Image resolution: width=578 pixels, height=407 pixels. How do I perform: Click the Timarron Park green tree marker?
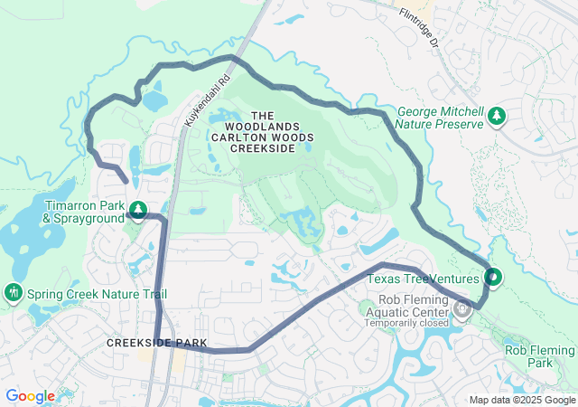click(x=137, y=211)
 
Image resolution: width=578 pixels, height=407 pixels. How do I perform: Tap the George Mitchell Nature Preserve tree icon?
click(x=496, y=117)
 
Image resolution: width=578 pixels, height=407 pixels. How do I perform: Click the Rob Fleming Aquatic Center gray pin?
click(x=462, y=310)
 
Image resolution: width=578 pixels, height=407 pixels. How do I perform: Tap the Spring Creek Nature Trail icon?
click(x=14, y=294)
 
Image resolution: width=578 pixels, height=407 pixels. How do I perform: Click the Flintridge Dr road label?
click(x=419, y=28)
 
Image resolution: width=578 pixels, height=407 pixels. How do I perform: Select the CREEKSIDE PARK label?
click(x=157, y=344)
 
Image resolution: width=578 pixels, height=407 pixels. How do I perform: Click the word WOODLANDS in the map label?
click(x=261, y=127)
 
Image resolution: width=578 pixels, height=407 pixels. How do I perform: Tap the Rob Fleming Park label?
click(x=540, y=355)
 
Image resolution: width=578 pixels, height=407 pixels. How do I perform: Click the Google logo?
click(x=30, y=396)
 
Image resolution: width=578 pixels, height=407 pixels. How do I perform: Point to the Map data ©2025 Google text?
click(x=522, y=400)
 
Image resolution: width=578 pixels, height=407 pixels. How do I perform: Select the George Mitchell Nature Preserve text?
click(x=441, y=118)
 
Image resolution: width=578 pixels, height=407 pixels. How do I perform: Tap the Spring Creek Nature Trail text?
click(x=97, y=295)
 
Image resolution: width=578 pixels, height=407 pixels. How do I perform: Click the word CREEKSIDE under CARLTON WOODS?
click(x=261, y=148)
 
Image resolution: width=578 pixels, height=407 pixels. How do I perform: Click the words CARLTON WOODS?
click(x=261, y=137)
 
